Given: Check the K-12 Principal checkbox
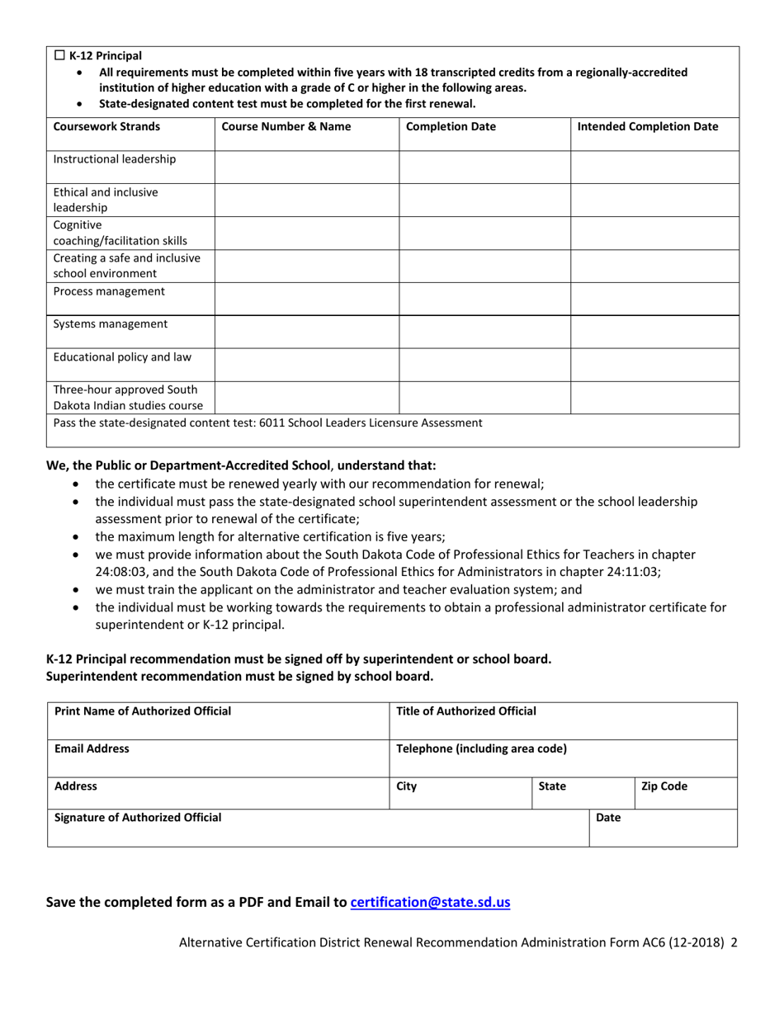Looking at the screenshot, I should click(59, 56).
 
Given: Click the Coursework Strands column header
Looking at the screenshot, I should click(106, 127).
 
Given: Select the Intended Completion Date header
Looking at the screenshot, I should click(647, 127).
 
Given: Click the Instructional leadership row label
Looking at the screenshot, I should click(114, 158).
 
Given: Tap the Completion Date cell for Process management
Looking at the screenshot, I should click(484, 299).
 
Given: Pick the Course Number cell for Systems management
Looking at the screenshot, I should click(307, 332).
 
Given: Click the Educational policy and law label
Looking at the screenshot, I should click(122, 357).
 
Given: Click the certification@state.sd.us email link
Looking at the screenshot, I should click(430, 903).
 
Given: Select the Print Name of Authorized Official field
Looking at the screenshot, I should click(218, 720).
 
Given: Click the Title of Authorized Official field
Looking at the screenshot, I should click(562, 720).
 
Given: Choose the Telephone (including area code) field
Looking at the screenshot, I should click(562, 758).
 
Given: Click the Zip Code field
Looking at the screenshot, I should click(685, 794).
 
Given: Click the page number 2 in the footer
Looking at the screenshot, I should click(734, 942).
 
